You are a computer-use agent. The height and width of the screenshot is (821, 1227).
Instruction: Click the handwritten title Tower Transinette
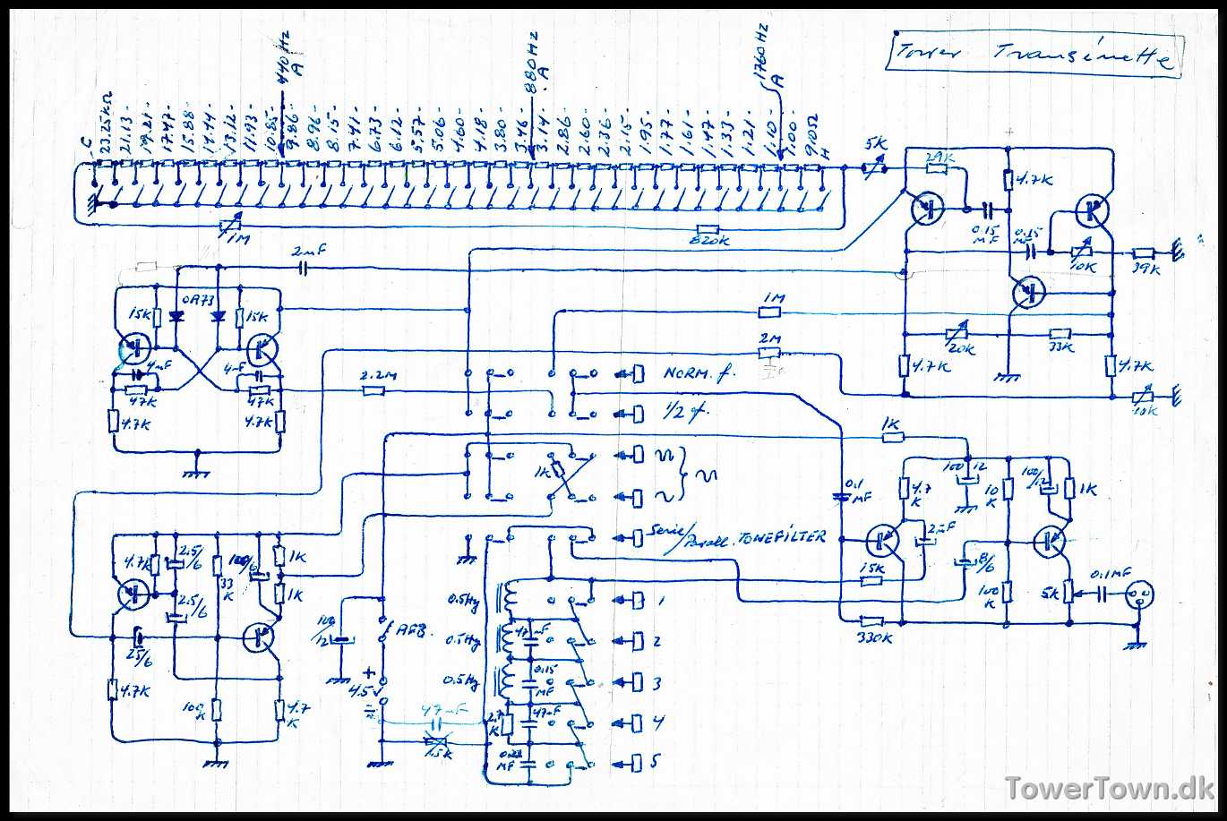(1034, 56)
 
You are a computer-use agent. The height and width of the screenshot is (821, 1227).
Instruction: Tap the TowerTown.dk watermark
(1109, 788)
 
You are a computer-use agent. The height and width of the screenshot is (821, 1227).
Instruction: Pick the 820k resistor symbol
(708, 230)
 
